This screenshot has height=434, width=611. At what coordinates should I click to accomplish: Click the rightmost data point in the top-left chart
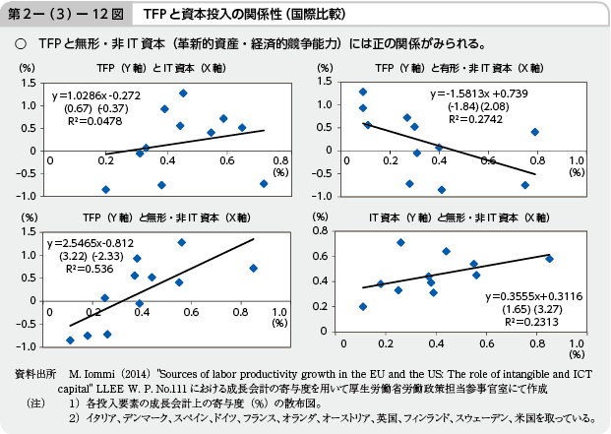pos(264,183)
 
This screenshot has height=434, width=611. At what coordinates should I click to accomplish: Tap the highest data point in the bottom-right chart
pos(400,242)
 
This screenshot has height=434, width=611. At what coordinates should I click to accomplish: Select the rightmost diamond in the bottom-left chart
pos(254,268)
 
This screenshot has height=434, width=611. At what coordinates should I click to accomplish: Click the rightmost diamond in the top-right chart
pos(535,131)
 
